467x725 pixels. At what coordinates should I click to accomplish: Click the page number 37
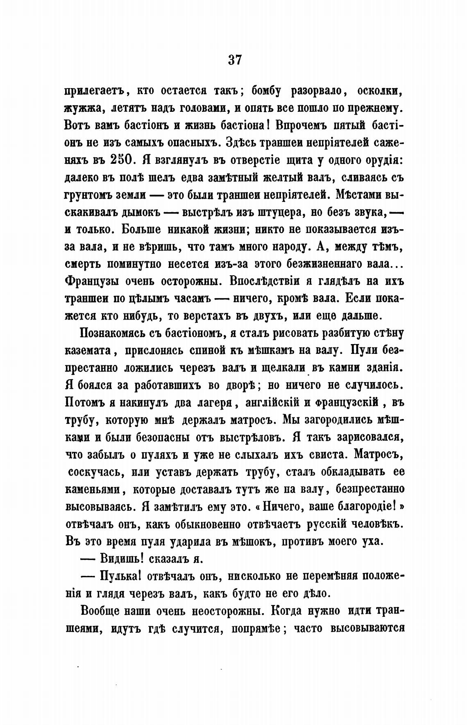tap(235, 60)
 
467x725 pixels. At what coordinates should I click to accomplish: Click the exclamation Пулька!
tap(121, 576)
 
